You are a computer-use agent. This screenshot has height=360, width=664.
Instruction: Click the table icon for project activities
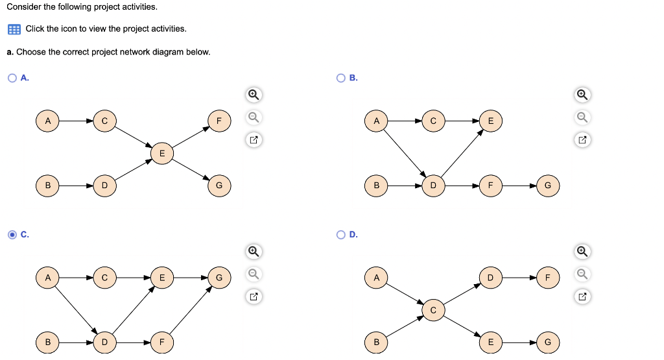14,29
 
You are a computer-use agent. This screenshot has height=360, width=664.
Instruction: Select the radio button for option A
12,78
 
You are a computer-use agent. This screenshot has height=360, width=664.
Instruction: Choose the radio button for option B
341,78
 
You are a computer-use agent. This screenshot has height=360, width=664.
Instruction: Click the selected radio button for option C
12,235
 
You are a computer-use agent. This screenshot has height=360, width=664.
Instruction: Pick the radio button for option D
341,235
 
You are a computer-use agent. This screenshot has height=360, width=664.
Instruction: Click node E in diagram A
162,153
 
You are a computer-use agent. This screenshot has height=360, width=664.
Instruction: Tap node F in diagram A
219,121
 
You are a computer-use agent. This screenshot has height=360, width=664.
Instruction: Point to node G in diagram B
547,186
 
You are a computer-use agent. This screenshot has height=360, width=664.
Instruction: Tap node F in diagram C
162,342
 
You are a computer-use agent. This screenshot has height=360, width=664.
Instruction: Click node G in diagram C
219,278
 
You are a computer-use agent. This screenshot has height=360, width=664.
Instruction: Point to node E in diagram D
490,342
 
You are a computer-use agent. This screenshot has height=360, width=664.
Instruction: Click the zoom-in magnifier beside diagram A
254,95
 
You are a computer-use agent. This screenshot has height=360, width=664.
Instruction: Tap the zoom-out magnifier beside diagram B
582,117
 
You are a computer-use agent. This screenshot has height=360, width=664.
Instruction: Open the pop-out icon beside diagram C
254,296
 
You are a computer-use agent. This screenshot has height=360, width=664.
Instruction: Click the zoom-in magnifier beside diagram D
582,251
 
